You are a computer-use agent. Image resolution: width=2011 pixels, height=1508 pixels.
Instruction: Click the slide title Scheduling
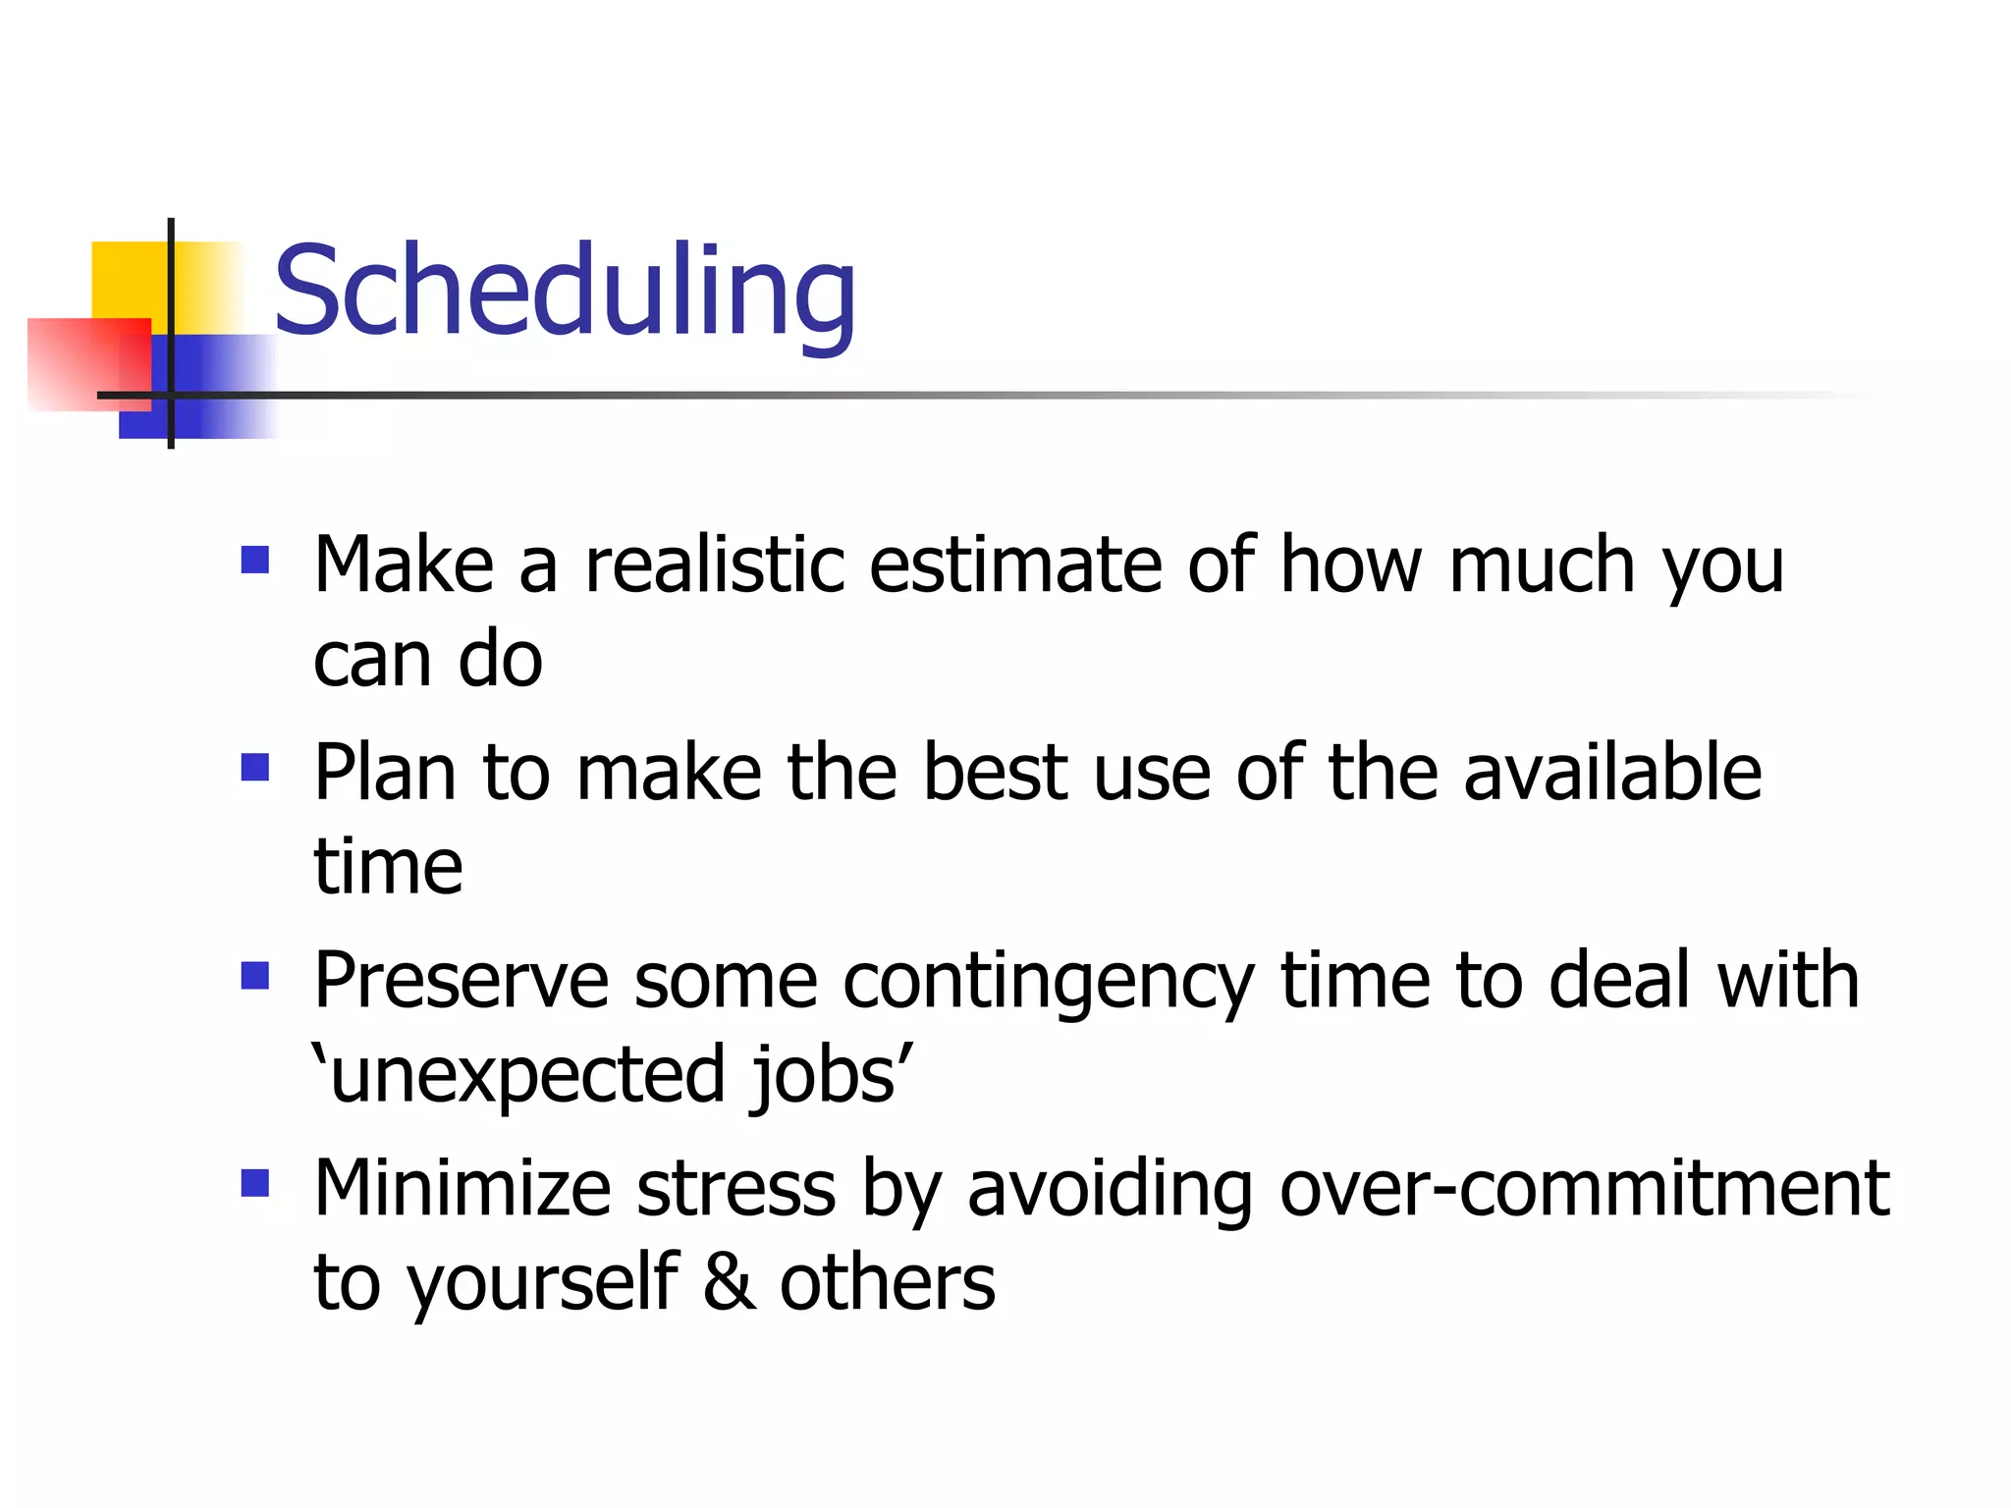point(565,292)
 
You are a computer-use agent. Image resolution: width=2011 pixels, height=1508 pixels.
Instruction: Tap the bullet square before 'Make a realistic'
point(255,560)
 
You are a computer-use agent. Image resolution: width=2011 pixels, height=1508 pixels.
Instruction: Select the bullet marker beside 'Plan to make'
point(255,767)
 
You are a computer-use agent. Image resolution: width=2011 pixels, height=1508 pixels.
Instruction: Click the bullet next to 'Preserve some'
point(255,975)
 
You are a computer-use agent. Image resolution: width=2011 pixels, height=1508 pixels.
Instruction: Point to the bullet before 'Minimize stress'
point(255,1183)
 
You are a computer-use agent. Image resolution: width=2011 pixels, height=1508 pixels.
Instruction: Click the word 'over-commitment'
point(1584,1189)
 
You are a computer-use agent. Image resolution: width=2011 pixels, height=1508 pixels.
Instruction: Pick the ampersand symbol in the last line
point(730,1283)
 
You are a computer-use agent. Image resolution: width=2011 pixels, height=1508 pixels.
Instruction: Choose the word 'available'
point(1612,774)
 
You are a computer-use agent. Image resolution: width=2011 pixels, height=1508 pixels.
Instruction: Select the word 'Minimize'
point(462,1189)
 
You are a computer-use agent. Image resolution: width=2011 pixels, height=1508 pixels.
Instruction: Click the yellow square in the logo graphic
point(128,280)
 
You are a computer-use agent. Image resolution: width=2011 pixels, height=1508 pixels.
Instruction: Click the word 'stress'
point(736,1189)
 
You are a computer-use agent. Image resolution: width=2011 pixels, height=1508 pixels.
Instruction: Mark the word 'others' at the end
point(887,1283)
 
